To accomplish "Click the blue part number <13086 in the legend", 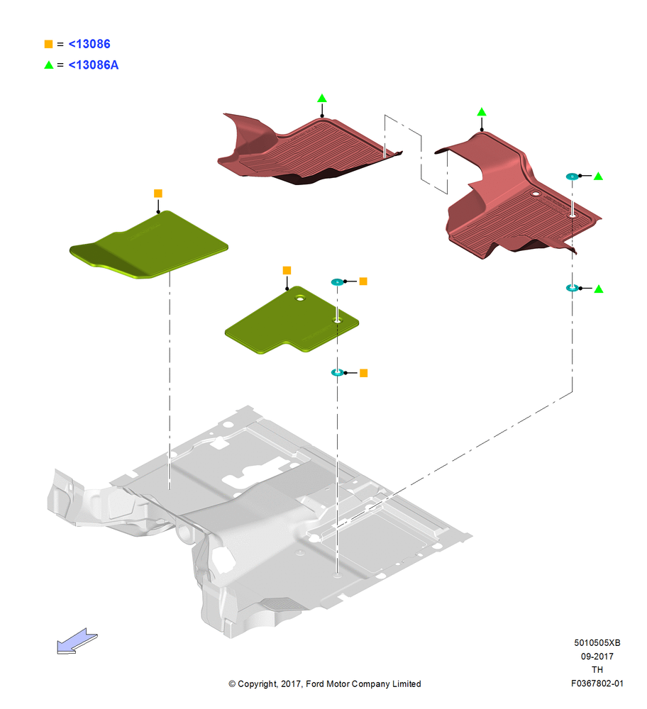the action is [89, 44].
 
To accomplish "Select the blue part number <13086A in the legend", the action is [93, 65].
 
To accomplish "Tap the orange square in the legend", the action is [48, 44].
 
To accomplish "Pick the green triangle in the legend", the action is [49, 65].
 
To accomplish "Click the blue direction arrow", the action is [77, 641].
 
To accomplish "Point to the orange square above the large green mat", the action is [158, 194].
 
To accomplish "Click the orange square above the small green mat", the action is [287, 270].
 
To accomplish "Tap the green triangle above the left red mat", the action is [321, 98].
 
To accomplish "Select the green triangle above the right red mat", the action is [482, 112].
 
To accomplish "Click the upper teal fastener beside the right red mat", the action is [573, 177].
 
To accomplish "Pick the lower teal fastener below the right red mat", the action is [573, 288].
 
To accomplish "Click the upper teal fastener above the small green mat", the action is [337, 282].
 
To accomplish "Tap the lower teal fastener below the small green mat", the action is [337, 373].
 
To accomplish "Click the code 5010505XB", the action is [597, 642].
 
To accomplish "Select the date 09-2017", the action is [597, 656].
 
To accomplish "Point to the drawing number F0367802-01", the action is [597, 683].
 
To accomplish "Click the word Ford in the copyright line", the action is [315, 683].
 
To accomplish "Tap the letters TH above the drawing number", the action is [597, 670].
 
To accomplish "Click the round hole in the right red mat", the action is [536, 194].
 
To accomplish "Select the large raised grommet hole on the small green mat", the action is [300, 298].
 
